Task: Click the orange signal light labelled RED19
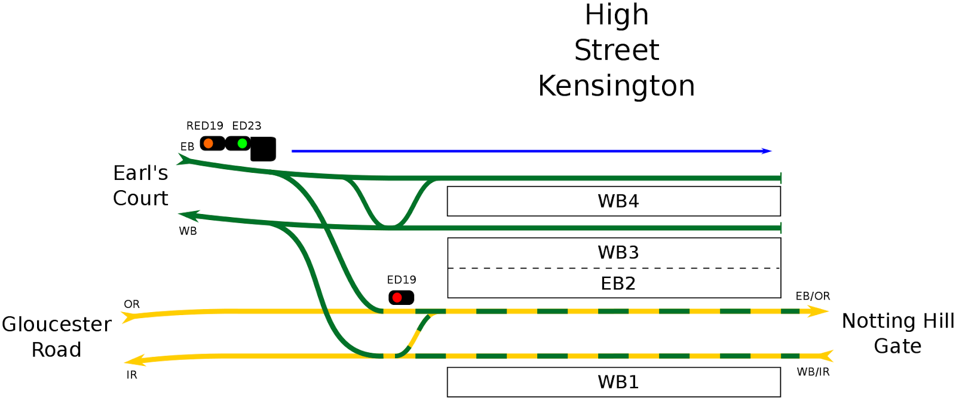(x=209, y=143)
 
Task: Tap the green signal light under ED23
(x=242, y=143)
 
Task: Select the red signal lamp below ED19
(x=397, y=297)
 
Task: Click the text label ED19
(x=402, y=280)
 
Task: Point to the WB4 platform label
(x=618, y=201)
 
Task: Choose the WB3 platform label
(x=618, y=252)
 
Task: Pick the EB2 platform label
(x=618, y=283)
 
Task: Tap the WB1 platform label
(x=618, y=382)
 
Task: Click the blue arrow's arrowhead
(x=767, y=151)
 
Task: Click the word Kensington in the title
(x=616, y=86)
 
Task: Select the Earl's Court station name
(x=140, y=185)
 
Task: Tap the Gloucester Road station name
(x=56, y=337)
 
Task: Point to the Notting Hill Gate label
(x=897, y=333)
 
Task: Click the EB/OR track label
(x=813, y=296)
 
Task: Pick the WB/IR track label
(x=813, y=372)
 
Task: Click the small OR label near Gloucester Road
(x=131, y=304)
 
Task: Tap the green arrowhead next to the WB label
(x=188, y=215)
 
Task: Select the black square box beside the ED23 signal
(x=263, y=149)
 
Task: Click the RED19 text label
(x=204, y=126)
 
